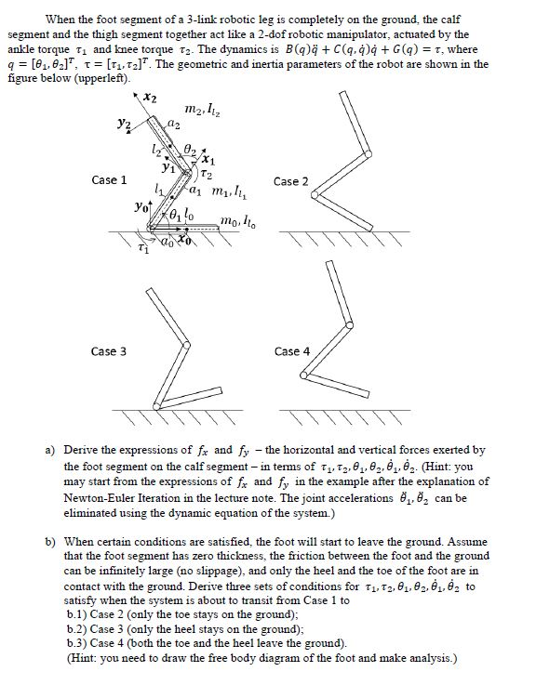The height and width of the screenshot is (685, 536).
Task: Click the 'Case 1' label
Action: click(109, 180)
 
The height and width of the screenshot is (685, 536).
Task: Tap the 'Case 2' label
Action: click(291, 181)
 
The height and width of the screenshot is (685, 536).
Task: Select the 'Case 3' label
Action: click(109, 351)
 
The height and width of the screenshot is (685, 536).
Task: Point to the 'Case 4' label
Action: click(292, 351)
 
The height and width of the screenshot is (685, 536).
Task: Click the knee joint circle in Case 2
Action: click(368, 153)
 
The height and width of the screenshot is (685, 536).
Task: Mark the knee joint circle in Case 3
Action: click(186, 345)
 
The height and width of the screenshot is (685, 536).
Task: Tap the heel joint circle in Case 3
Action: click(156, 406)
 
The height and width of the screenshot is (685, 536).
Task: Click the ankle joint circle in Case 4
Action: click(304, 375)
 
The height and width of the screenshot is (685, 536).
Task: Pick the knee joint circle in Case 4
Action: click(349, 324)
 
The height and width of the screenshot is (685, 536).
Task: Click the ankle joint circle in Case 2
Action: click(315, 195)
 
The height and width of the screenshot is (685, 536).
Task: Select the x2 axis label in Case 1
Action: click(150, 99)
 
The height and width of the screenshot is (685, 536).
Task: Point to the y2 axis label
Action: click(125, 124)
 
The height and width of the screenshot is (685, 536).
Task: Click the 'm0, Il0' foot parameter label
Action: click(238, 221)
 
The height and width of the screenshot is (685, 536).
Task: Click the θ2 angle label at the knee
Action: click(190, 149)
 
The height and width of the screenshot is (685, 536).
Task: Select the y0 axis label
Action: click(141, 206)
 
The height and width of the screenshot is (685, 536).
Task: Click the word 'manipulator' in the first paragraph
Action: click(374, 34)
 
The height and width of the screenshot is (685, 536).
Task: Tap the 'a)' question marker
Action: click(50, 450)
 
